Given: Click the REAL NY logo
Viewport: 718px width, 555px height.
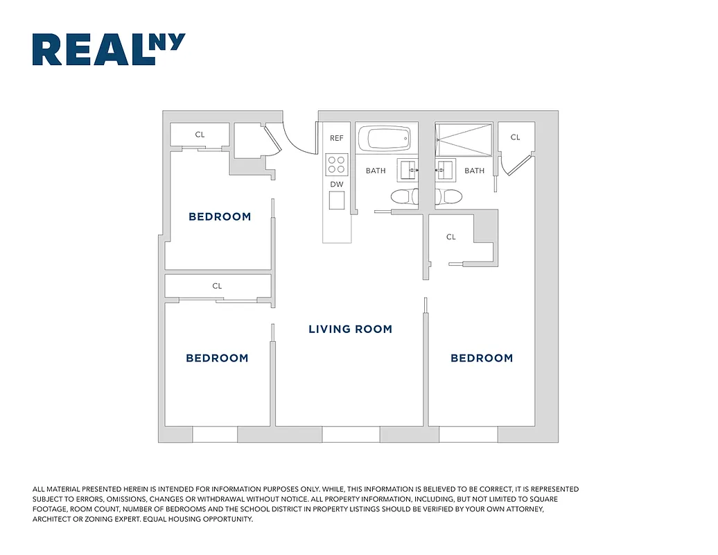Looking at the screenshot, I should point(109,50).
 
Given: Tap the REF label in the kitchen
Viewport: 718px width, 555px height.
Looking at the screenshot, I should point(337,138).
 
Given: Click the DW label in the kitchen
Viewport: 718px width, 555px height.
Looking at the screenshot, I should point(337,185).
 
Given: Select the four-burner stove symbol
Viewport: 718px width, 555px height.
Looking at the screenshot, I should point(337,164).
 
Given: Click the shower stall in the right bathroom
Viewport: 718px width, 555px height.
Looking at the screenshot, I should point(463,140).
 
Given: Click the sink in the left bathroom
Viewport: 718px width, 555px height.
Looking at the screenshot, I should point(408,169).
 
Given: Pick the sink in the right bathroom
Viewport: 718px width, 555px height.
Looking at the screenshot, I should point(443,169).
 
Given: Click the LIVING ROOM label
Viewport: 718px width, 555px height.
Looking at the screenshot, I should point(350,330).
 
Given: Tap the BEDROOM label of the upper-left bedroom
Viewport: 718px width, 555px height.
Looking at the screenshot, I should point(220,217).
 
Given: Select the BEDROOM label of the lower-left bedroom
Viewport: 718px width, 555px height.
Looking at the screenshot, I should point(217,359).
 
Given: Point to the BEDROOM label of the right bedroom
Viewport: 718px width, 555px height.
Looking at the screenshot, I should point(482,359).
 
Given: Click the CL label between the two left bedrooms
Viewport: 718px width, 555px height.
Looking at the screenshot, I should point(217,286).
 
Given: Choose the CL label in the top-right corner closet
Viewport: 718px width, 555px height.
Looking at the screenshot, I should point(515,137).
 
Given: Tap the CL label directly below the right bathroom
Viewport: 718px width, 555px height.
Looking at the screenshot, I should point(451,237).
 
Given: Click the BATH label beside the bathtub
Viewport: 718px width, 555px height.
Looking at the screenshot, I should point(376,171).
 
